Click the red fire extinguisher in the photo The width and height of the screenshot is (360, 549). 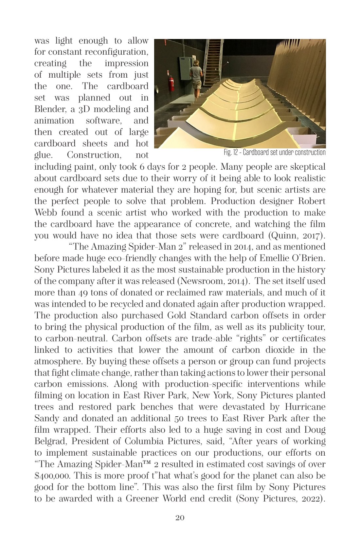pyautogui.click(x=171, y=84)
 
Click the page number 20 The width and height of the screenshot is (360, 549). pyautogui.click(x=180, y=518)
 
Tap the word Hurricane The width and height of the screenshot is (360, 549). pyautogui.click(x=305, y=407)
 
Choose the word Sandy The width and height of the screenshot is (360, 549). pyautogui.click(x=47, y=418)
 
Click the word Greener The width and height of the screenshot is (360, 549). pyautogui.click(x=142, y=499)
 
